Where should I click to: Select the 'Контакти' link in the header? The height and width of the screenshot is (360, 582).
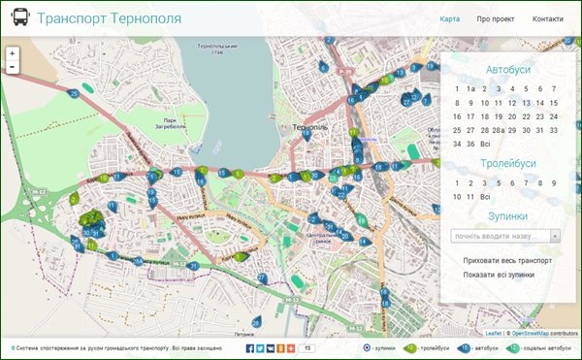(547, 19)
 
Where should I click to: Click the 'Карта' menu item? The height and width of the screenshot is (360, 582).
(449, 19)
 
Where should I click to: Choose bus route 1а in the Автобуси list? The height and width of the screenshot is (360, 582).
(469, 90)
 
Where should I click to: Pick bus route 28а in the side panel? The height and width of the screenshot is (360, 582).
(498, 130)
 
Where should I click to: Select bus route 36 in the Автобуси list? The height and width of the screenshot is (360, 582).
(469, 144)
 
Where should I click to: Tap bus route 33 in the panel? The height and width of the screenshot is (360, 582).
(554, 130)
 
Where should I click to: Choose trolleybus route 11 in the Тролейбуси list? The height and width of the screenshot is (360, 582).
(469, 196)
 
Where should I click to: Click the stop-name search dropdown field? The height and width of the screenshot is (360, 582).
(505, 235)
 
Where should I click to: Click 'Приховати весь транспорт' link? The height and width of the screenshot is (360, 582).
(507, 260)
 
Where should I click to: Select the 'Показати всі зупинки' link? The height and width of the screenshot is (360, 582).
(499, 275)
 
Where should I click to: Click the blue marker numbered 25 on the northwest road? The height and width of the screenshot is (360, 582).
(74, 93)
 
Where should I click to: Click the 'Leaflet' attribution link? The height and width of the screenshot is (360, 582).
(494, 333)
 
